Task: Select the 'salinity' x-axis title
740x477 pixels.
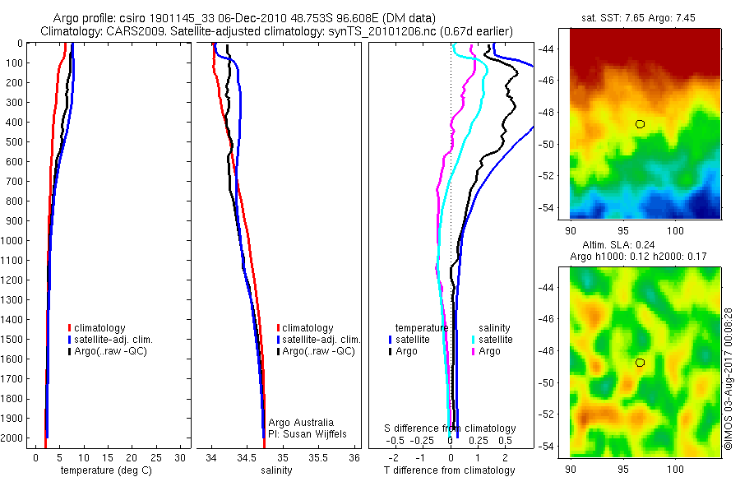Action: tap(278, 470)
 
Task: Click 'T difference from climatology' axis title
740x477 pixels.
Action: tap(450, 470)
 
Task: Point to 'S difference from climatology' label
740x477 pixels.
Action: tap(451, 428)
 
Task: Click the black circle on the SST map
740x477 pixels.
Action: tap(640, 124)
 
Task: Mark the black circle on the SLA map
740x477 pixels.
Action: tap(640, 362)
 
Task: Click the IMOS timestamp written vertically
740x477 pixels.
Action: tap(728, 380)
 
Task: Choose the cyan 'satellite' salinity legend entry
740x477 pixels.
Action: tap(494, 339)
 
